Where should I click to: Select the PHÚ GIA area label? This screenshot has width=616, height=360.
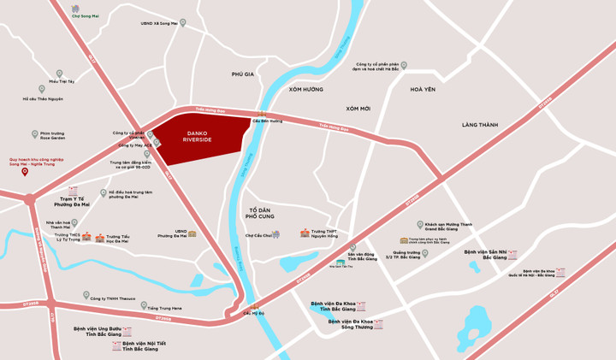243,74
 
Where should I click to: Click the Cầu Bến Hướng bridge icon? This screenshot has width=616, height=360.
262,114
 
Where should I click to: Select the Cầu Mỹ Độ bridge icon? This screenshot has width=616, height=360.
252,305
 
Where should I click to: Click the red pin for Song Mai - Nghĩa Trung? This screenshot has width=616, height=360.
25,172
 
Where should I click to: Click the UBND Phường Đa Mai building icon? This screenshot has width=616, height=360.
192,233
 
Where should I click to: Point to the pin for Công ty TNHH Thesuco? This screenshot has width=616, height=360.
86,295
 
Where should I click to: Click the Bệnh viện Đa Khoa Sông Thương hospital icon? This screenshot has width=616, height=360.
378,324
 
